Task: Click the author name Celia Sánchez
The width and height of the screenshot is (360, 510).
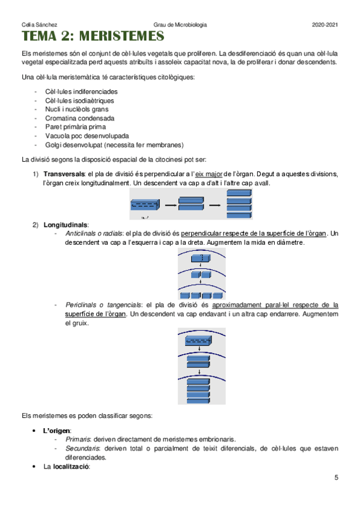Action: click(x=36, y=25)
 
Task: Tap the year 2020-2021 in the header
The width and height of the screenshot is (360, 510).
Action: click(x=325, y=25)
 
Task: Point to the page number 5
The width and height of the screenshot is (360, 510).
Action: click(x=336, y=478)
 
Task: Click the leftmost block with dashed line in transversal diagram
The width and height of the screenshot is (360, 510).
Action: click(x=145, y=206)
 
